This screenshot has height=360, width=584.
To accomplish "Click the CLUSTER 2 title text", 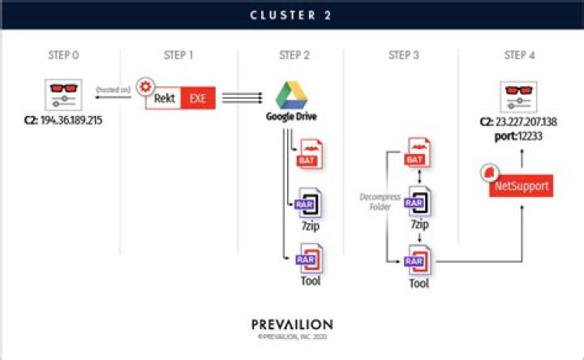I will (x=291, y=15).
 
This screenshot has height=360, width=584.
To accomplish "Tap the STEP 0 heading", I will (x=65, y=56).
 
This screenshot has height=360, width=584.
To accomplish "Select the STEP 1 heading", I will (x=179, y=56).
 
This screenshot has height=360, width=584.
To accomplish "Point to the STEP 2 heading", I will (x=293, y=56).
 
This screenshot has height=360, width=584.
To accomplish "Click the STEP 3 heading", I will (x=404, y=56).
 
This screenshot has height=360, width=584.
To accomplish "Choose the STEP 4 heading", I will (x=521, y=56).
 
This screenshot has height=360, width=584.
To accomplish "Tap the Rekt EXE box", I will (x=178, y=98).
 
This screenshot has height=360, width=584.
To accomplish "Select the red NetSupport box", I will (x=521, y=186).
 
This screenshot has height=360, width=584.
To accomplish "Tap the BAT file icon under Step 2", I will (x=310, y=154).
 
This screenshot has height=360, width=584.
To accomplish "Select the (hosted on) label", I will (x=113, y=89).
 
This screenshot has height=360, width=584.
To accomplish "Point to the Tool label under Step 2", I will (x=310, y=281).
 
